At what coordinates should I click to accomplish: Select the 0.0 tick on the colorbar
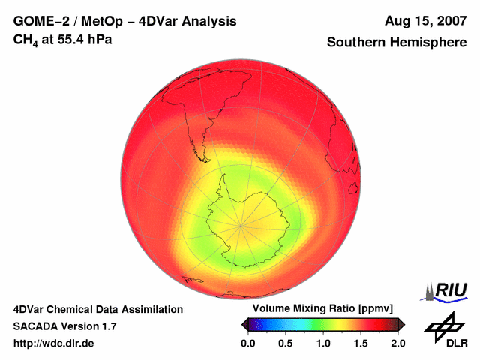point(248,343)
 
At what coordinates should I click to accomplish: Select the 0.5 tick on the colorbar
point(286,343)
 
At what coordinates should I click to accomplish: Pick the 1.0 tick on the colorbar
point(323,343)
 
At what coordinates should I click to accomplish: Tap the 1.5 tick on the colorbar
point(361,343)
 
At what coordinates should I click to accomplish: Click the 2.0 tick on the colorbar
point(398,343)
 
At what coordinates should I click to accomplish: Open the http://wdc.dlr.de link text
point(54,343)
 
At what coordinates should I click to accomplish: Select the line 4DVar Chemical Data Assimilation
point(97,309)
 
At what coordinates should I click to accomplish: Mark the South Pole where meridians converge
point(241,224)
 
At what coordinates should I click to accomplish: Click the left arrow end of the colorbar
point(244,324)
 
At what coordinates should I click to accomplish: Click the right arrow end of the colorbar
point(402,324)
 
